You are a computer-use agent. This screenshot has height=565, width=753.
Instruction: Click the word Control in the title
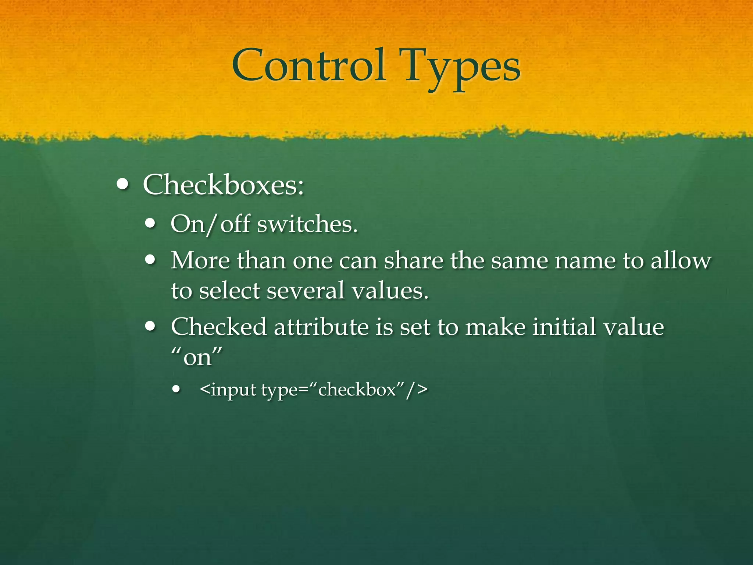[x=309, y=66]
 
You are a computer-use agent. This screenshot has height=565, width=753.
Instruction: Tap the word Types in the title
[x=462, y=68]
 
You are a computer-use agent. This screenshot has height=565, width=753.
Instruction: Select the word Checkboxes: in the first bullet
[x=223, y=185]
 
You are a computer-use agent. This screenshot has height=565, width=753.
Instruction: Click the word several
[x=306, y=291]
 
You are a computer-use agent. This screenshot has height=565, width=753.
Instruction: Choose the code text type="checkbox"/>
[x=345, y=390]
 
